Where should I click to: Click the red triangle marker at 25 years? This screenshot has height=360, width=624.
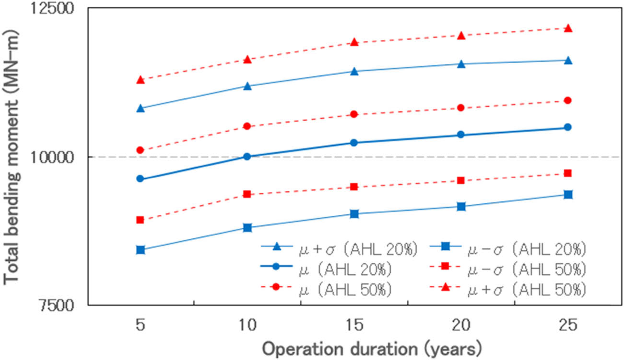(567, 28)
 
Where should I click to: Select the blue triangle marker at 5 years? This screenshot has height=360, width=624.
(141, 108)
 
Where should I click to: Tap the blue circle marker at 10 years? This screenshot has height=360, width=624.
(247, 156)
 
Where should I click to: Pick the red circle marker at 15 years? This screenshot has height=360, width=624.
(354, 114)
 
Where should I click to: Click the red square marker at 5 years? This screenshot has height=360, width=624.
(141, 220)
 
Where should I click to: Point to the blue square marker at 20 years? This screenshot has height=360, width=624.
(461, 206)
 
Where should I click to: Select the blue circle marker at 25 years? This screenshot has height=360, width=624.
(567, 127)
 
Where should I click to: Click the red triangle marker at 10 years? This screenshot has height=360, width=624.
(247, 59)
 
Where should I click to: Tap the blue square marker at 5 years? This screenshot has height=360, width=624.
(141, 250)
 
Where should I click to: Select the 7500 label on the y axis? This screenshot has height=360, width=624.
(61, 305)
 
